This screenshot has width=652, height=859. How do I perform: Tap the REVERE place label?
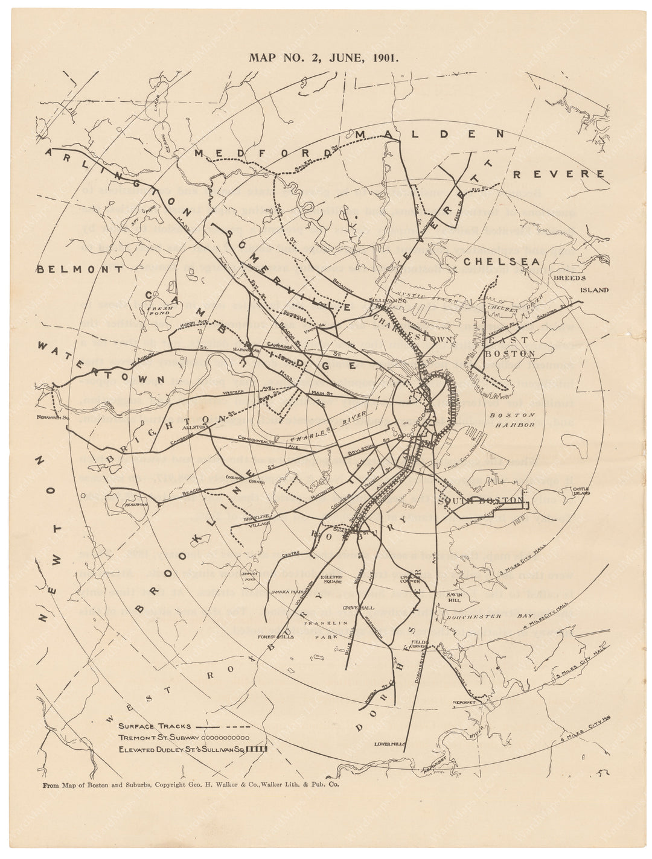point(558,174)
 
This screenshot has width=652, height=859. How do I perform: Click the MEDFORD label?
point(254,153)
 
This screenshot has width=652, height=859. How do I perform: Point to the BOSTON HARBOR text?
point(512,420)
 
